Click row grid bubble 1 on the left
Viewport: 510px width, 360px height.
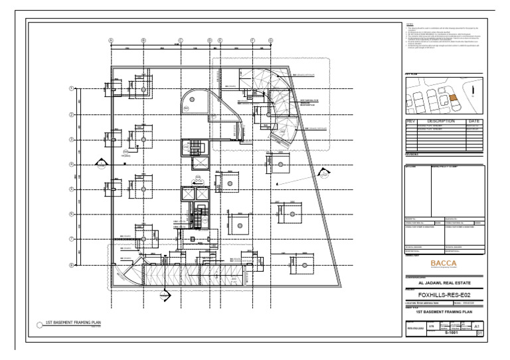[72, 89]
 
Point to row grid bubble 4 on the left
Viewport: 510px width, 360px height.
[72, 164]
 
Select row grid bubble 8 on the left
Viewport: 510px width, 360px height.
[72, 264]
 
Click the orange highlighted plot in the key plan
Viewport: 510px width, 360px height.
[453, 97]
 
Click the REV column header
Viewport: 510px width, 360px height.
[410, 122]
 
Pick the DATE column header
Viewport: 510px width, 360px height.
[474, 122]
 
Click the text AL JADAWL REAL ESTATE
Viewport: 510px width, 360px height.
[444, 282]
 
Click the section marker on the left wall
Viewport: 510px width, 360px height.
[100, 163]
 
